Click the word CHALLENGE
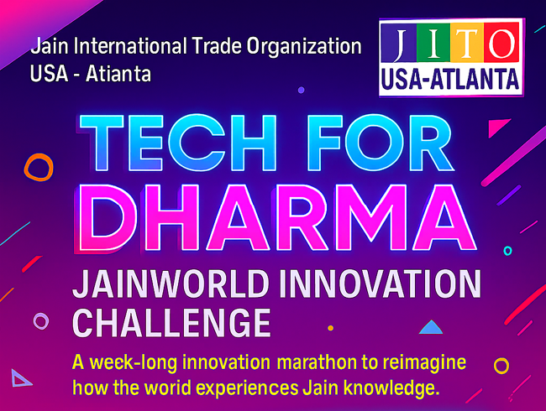click(171, 324)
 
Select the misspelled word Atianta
click(122, 74)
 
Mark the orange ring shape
click(38, 168)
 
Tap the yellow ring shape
click(501, 366)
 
